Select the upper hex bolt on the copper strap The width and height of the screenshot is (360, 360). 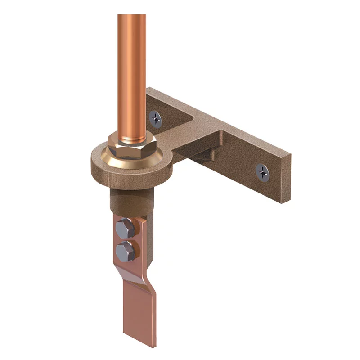(x=124, y=229)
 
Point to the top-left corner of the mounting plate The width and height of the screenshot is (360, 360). (x=148, y=89)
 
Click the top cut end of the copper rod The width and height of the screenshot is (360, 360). (x=132, y=16)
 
